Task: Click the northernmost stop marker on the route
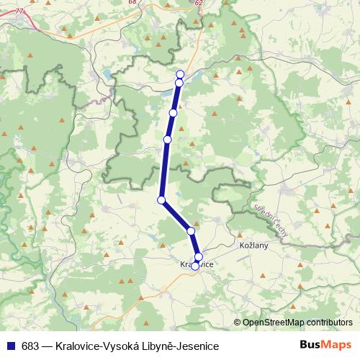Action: pyautogui.click(x=180, y=74)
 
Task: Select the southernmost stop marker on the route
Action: pyautogui.click(x=195, y=266)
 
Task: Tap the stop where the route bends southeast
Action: pyautogui.click(x=162, y=199)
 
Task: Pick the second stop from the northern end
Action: pyautogui.click(x=179, y=83)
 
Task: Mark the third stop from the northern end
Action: pyautogui.click(x=173, y=113)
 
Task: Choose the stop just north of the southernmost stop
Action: pyautogui.click(x=199, y=257)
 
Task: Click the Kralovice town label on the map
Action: pyautogui.click(x=195, y=265)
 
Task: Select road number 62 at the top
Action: pyautogui.click(x=198, y=3)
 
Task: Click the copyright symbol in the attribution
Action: pyautogui.click(x=237, y=322)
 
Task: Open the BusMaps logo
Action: pyautogui.click(x=325, y=345)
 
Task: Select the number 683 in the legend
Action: pyautogui.click(x=30, y=346)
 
